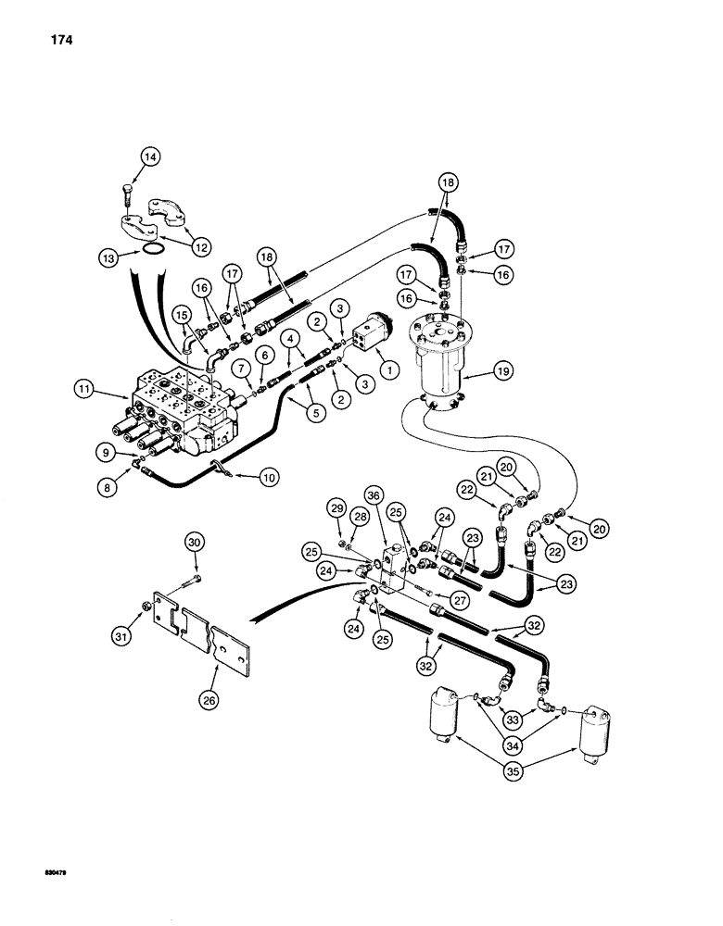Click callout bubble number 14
(x=148, y=158)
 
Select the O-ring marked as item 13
(x=152, y=251)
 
